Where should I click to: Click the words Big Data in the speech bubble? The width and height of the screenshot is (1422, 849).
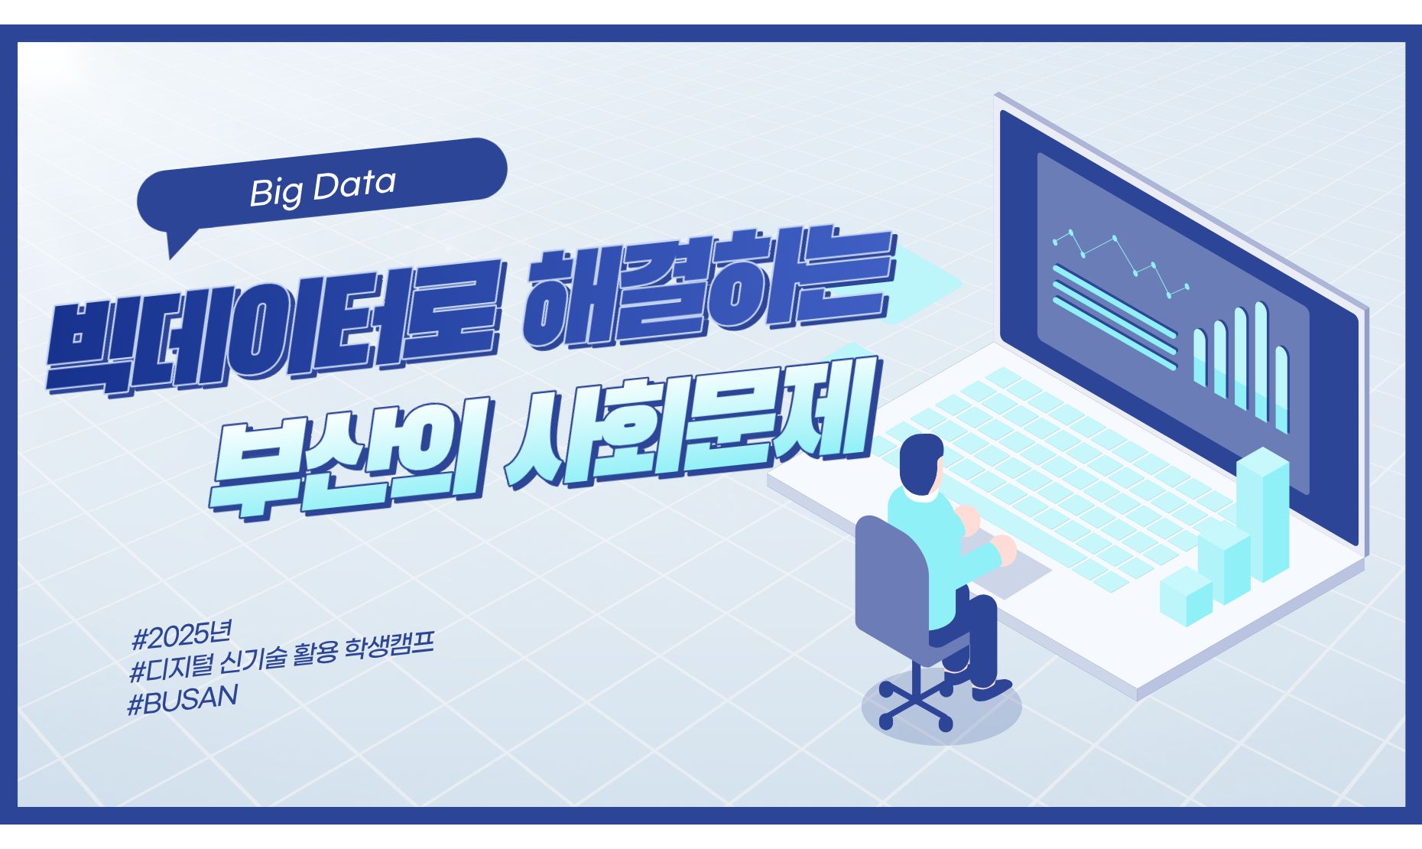pyautogui.click(x=322, y=188)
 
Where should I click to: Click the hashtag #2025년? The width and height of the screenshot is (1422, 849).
pyautogui.click(x=181, y=636)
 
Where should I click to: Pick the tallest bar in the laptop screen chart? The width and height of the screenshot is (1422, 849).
pyautogui.click(x=1260, y=359)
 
